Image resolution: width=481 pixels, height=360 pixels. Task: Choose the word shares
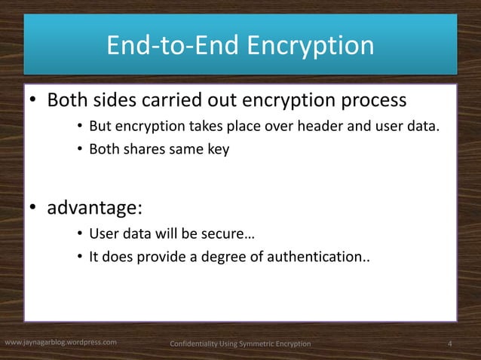[x=141, y=149]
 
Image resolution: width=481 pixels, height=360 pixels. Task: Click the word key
[x=218, y=149]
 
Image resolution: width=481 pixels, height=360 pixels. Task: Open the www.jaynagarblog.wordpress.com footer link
[x=60, y=343]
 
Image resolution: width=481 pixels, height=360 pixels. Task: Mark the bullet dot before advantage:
[x=34, y=208]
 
